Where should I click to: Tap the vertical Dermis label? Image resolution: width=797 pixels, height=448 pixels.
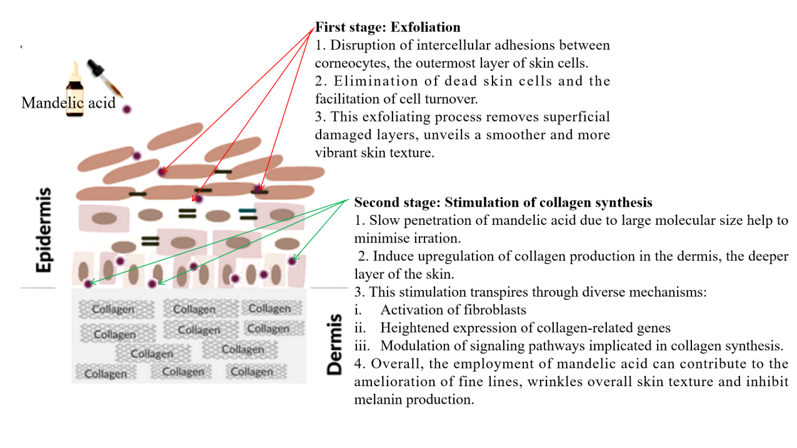pos(335,344)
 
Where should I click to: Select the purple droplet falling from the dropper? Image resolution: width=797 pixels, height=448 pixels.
pos(127,109)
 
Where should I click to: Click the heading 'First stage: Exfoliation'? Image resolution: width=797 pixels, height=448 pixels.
pos(388,27)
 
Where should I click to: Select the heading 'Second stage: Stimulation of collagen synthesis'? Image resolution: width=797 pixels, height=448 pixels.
pos(503,202)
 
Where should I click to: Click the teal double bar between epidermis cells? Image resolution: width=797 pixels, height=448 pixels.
pos(248,214)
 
